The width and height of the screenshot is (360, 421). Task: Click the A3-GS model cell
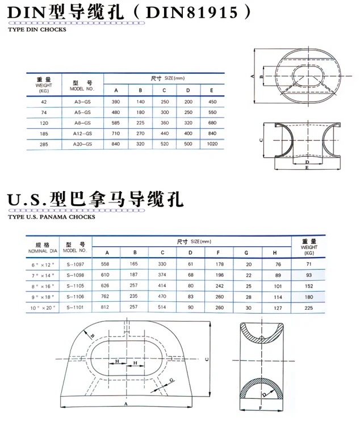pyautogui.click(x=82, y=102)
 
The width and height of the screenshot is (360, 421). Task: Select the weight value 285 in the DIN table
pyautogui.click(x=44, y=145)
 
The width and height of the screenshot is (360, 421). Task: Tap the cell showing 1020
pyautogui.click(x=212, y=144)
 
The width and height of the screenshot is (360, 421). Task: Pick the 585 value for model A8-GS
pyautogui.click(x=116, y=123)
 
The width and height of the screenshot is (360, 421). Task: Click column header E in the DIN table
pyautogui.click(x=212, y=90)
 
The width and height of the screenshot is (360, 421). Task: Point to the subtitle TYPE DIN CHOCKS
pyautogui.click(x=37, y=30)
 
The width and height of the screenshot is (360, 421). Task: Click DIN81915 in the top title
pyautogui.click(x=192, y=12)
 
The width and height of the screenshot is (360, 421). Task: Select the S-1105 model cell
pyautogui.click(x=76, y=286)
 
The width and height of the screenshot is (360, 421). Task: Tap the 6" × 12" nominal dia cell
pyautogui.click(x=43, y=265)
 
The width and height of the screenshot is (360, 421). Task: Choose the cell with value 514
pyautogui.click(x=162, y=307)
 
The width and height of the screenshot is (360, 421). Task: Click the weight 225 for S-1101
pyautogui.click(x=309, y=308)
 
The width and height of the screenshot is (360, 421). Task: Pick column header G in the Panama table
pyautogui.click(x=246, y=252)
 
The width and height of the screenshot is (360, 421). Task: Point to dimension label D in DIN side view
pyautogui.click(x=307, y=162)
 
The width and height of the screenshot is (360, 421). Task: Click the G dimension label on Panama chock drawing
pyautogui.click(x=171, y=380)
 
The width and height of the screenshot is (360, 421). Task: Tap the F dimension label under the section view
pyautogui.click(x=260, y=408)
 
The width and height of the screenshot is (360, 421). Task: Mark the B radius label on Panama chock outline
pyautogui.click(x=93, y=336)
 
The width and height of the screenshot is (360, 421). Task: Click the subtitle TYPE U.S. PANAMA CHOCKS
pyautogui.click(x=52, y=217)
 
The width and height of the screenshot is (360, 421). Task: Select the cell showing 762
pyautogui.click(x=105, y=296)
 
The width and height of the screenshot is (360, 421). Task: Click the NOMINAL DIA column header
pyautogui.click(x=43, y=251)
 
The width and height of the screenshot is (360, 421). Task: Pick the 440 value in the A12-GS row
pyautogui.click(x=165, y=133)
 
